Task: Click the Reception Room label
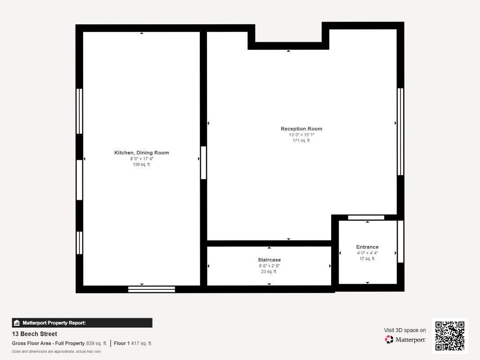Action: tap(301, 129)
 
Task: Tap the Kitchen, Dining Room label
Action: tap(141, 153)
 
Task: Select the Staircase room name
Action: tap(269, 260)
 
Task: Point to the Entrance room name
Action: tap(368, 247)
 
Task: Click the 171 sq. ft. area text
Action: tap(301, 140)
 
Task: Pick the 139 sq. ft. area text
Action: tap(141, 164)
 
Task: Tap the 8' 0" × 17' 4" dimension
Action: tap(141, 158)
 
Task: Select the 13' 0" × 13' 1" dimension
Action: tap(301, 135)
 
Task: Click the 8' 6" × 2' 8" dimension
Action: tap(269, 265)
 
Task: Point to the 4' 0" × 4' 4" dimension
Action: tap(368, 253)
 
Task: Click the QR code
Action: tap(450, 336)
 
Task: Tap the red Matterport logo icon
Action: tap(389, 339)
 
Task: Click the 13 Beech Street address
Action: tap(35, 334)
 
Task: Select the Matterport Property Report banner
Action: tap(82, 323)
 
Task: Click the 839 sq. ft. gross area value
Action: tap(96, 343)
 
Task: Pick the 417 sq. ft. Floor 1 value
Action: tap(141, 343)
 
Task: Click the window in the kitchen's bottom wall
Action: tap(152, 289)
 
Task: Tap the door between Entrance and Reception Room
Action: tap(366, 218)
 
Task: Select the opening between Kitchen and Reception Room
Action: tap(203, 163)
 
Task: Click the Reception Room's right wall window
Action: tap(400, 132)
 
